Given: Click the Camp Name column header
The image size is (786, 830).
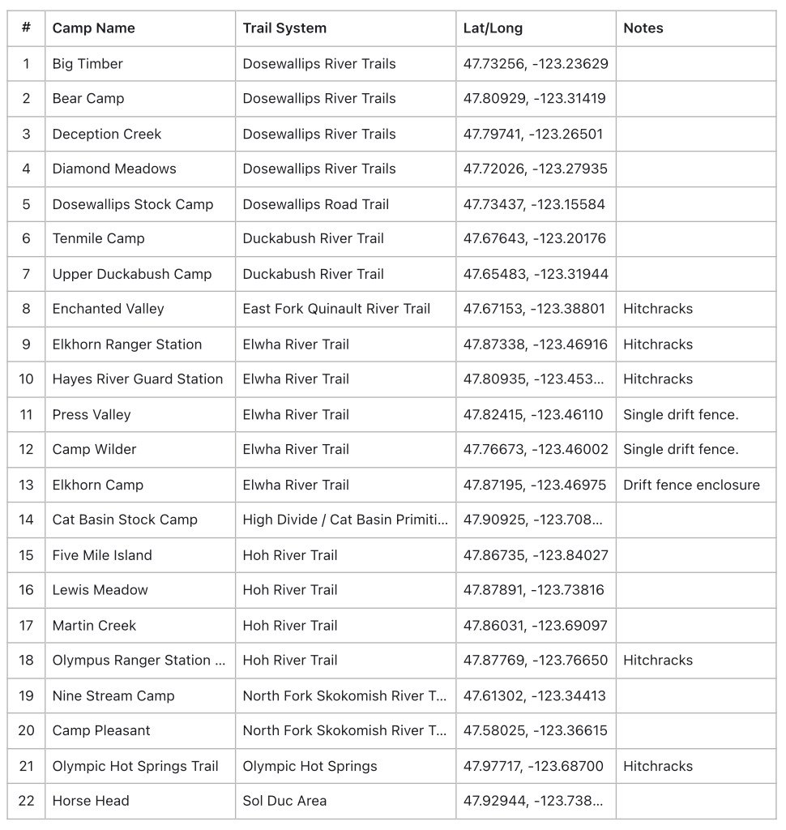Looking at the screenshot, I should (x=94, y=28).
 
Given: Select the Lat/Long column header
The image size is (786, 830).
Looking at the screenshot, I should (x=493, y=28).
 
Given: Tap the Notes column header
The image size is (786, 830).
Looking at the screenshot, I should (x=643, y=28).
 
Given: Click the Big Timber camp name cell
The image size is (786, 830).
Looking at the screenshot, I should (x=88, y=64).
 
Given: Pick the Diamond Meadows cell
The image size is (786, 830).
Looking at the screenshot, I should (x=114, y=169).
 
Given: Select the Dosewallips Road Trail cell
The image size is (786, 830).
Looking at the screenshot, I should (x=316, y=204).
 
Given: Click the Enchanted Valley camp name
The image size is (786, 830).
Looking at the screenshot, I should (x=108, y=309).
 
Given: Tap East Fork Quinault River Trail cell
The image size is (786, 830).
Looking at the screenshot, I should (x=336, y=309).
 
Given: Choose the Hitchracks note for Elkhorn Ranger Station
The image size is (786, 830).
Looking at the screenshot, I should (x=658, y=344).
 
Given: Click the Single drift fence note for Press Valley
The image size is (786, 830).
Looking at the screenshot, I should (x=681, y=415).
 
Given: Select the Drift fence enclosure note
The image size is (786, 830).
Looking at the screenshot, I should (x=691, y=485).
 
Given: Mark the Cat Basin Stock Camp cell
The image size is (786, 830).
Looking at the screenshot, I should (x=125, y=520).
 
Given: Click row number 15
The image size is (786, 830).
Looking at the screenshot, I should (x=27, y=555).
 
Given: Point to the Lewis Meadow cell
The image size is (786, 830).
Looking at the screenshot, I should (x=100, y=590).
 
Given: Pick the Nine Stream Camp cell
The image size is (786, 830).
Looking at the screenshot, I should (x=113, y=695).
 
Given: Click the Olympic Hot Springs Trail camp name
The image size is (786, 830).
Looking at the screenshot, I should (x=135, y=766).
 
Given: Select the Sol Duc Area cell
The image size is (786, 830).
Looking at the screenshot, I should (x=284, y=801).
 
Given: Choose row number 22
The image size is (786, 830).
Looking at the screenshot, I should (x=27, y=801).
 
